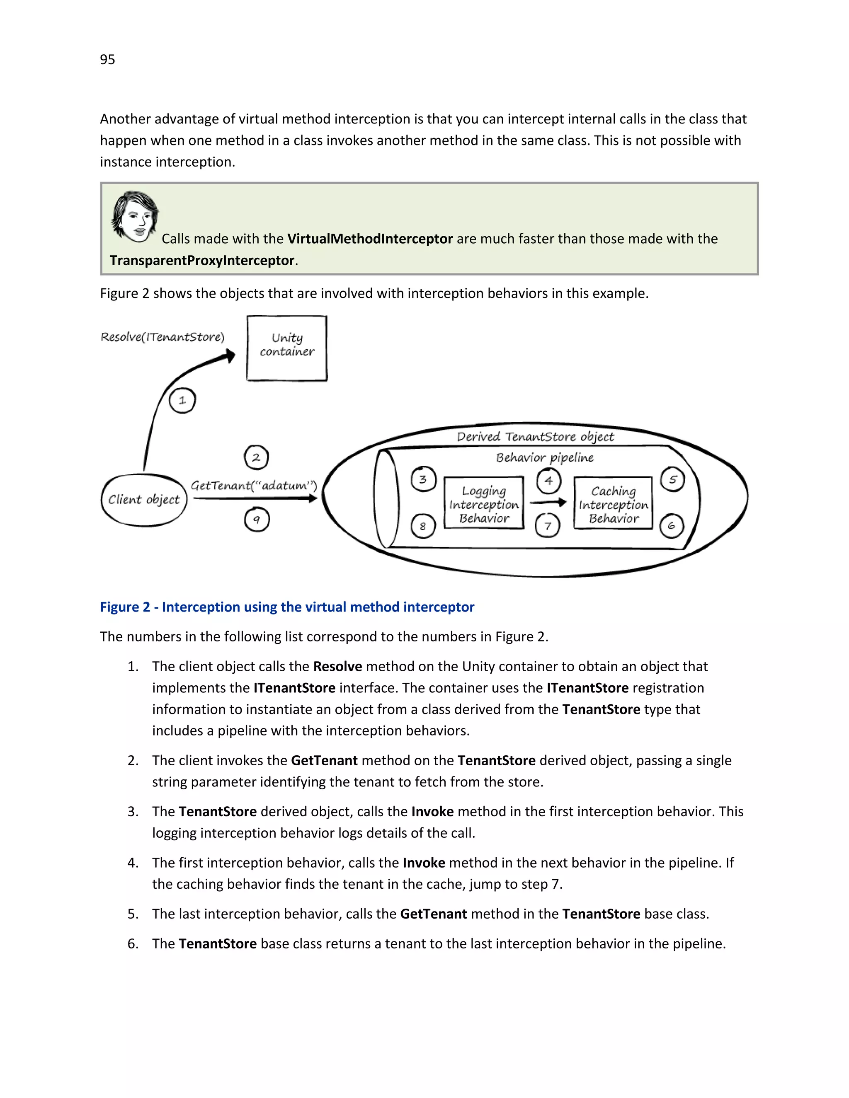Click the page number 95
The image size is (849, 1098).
pos(107,59)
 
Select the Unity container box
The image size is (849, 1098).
pos(287,348)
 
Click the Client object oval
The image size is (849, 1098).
pos(144,500)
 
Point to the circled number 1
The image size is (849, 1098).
pos(182,401)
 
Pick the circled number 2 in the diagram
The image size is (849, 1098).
pos(256,457)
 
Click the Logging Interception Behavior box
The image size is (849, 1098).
pos(484,504)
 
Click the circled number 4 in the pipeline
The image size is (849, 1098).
pos(548,481)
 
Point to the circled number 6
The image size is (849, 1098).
pos(672,526)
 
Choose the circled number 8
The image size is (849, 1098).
pos(422,526)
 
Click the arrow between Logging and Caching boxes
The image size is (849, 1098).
pos(548,502)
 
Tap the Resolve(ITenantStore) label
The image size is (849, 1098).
pos(163,337)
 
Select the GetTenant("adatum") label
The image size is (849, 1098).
pos(253,486)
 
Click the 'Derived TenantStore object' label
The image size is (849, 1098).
pos(535,436)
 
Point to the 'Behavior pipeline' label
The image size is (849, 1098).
pos(545,457)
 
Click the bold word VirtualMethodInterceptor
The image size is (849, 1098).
pos(370,239)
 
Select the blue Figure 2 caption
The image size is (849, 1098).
pos(287,607)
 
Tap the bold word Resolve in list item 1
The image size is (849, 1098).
pos(337,666)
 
